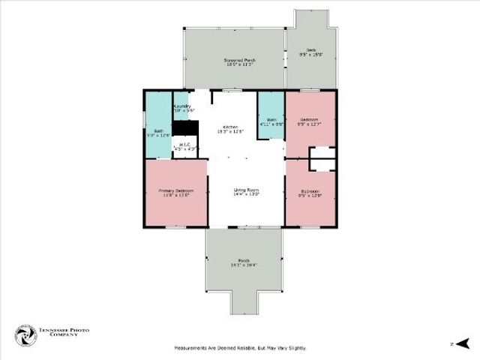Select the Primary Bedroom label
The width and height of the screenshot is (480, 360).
[176, 191]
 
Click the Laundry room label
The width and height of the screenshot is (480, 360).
[182, 106]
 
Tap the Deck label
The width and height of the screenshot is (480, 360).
[310, 50]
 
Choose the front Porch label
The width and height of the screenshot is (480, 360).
[245, 260]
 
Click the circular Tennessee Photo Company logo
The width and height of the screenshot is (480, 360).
[25, 335]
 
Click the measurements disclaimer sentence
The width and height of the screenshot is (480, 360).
[240, 348]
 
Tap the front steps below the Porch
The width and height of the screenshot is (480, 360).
[245, 301]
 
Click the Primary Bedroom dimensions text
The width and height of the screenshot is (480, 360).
[176, 196]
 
